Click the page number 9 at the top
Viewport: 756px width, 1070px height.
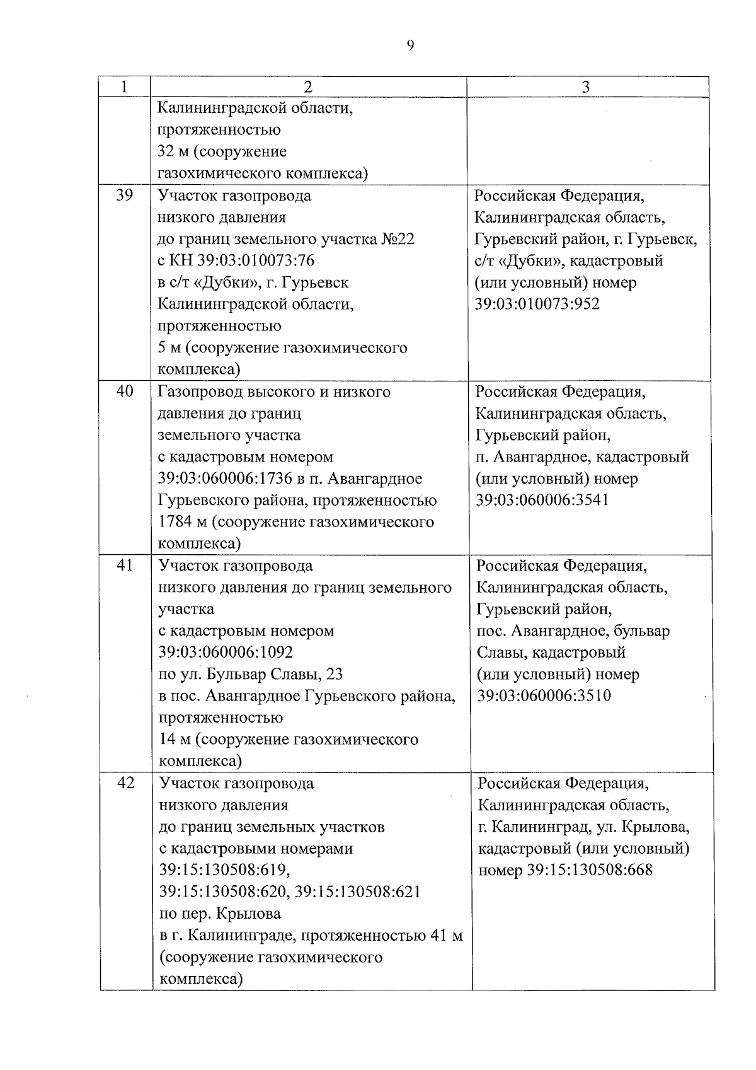tap(410, 45)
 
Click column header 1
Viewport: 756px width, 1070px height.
tap(124, 86)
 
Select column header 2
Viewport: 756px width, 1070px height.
tap(308, 87)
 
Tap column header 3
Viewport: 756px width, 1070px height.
tap(586, 87)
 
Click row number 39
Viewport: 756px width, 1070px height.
tap(125, 195)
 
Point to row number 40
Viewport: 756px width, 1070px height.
tap(125, 392)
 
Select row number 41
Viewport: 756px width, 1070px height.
tap(125, 566)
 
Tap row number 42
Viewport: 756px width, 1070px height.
tap(125, 784)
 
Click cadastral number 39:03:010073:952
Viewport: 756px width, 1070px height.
tap(537, 304)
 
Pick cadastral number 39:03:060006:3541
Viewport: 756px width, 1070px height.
tap(542, 500)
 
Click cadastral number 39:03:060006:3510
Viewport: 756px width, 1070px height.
tap(544, 695)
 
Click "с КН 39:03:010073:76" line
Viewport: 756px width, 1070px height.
tap(236, 260)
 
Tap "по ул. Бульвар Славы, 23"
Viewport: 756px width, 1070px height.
tap(250, 674)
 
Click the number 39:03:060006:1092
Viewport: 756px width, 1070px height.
tap(226, 652)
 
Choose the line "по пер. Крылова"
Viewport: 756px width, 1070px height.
tap(220, 914)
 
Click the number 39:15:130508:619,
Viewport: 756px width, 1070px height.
tap(225, 870)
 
